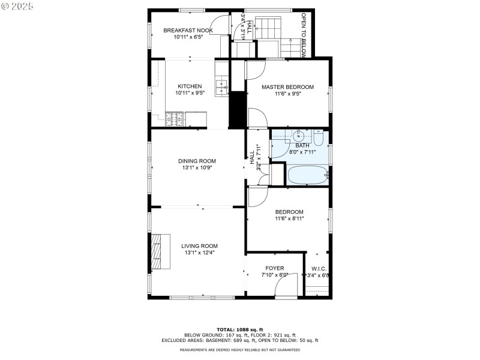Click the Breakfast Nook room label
pyautogui.click(x=189, y=30)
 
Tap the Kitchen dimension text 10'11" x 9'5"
pyautogui.click(x=189, y=93)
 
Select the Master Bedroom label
pyautogui.click(x=287, y=86)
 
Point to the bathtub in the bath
pyautogui.click(x=308, y=175)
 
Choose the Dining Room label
pyautogui.click(x=197, y=161)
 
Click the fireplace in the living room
pyautogui.click(x=157, y=251)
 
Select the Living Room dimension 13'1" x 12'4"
pyautogui.click(x=199, y=253)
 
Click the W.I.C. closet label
pyautogui.click(x=318, y=268)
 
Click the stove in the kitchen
pyautogui.click(x=175, y=119)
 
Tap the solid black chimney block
pyautogui.click(x=238, y=109)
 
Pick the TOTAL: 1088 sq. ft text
pyautogui.click(x=240, y=330)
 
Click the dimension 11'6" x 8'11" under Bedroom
pyautogui.click(x=289, y=218)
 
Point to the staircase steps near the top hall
pyautogui.click(x=269, y=26)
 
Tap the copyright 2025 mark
pyautogui.click(x=18, y=5)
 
